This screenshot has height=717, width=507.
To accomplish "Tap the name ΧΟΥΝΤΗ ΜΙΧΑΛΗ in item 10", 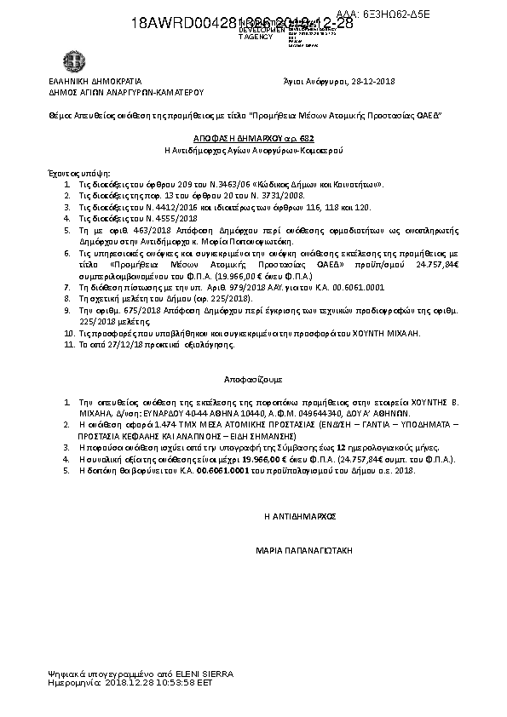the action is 393,335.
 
